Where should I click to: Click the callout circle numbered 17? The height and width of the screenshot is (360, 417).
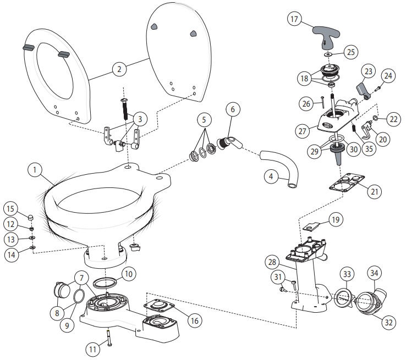295,20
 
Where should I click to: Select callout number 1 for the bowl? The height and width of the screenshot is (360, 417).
35,170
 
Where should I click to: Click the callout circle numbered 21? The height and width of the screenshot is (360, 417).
375,191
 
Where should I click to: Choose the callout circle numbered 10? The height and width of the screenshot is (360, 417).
128,273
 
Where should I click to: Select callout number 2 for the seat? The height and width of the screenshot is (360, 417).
119,69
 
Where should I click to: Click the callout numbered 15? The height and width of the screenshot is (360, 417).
10,209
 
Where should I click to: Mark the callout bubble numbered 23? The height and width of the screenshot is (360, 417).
369,71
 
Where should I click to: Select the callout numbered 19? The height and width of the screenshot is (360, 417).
336,220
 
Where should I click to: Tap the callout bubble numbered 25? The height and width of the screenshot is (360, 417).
351,53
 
